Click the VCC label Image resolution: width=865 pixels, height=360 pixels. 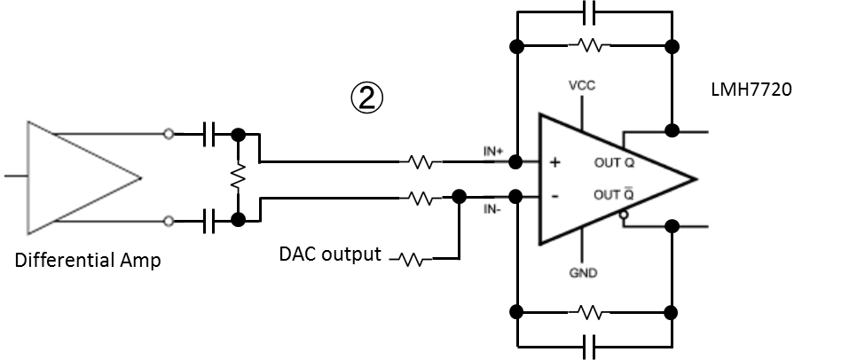(582, 86)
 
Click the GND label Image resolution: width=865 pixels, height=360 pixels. (582, 273)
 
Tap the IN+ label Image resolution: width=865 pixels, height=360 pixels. (493, 152)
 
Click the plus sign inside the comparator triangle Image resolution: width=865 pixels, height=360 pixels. (555, 163)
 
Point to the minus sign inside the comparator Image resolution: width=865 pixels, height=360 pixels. (555, 196)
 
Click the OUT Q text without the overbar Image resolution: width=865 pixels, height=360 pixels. (614, 163)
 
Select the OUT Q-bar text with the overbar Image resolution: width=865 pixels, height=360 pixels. (614, 195)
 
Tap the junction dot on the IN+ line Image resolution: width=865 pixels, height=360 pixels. (517, 162)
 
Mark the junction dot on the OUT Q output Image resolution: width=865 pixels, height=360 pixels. (672, 131)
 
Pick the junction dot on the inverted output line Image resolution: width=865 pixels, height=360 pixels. (672, 226)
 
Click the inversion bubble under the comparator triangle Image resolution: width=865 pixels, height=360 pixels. (624, 215)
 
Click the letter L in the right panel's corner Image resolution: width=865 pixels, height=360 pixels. (714, 90)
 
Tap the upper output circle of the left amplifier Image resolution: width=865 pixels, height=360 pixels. (169, 134)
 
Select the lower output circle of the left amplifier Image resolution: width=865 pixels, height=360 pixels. (169, 221)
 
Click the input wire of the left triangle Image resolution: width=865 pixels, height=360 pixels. (16, 176)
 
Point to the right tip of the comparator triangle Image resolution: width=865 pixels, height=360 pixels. (695, 178)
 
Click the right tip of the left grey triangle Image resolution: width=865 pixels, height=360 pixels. (140, 177)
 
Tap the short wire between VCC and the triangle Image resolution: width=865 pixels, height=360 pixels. (582, 111)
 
